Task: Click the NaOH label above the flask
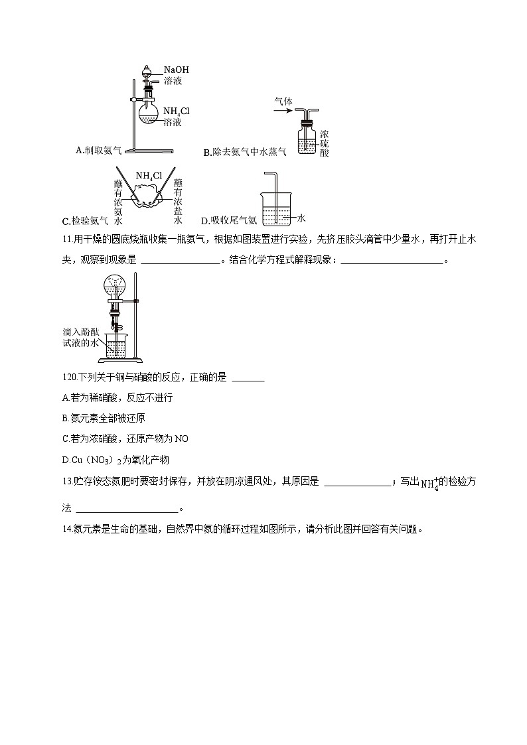tap(177, 70)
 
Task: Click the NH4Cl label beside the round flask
tap(176, 111)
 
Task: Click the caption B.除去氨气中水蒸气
tap(245, 153)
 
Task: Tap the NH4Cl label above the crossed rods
tap(149, 176)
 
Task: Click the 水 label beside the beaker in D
tap(301, 218)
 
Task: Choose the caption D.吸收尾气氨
tap(228, 221)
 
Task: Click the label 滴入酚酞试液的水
tap(80, 336)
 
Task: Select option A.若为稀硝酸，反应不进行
tap(117, 398)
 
